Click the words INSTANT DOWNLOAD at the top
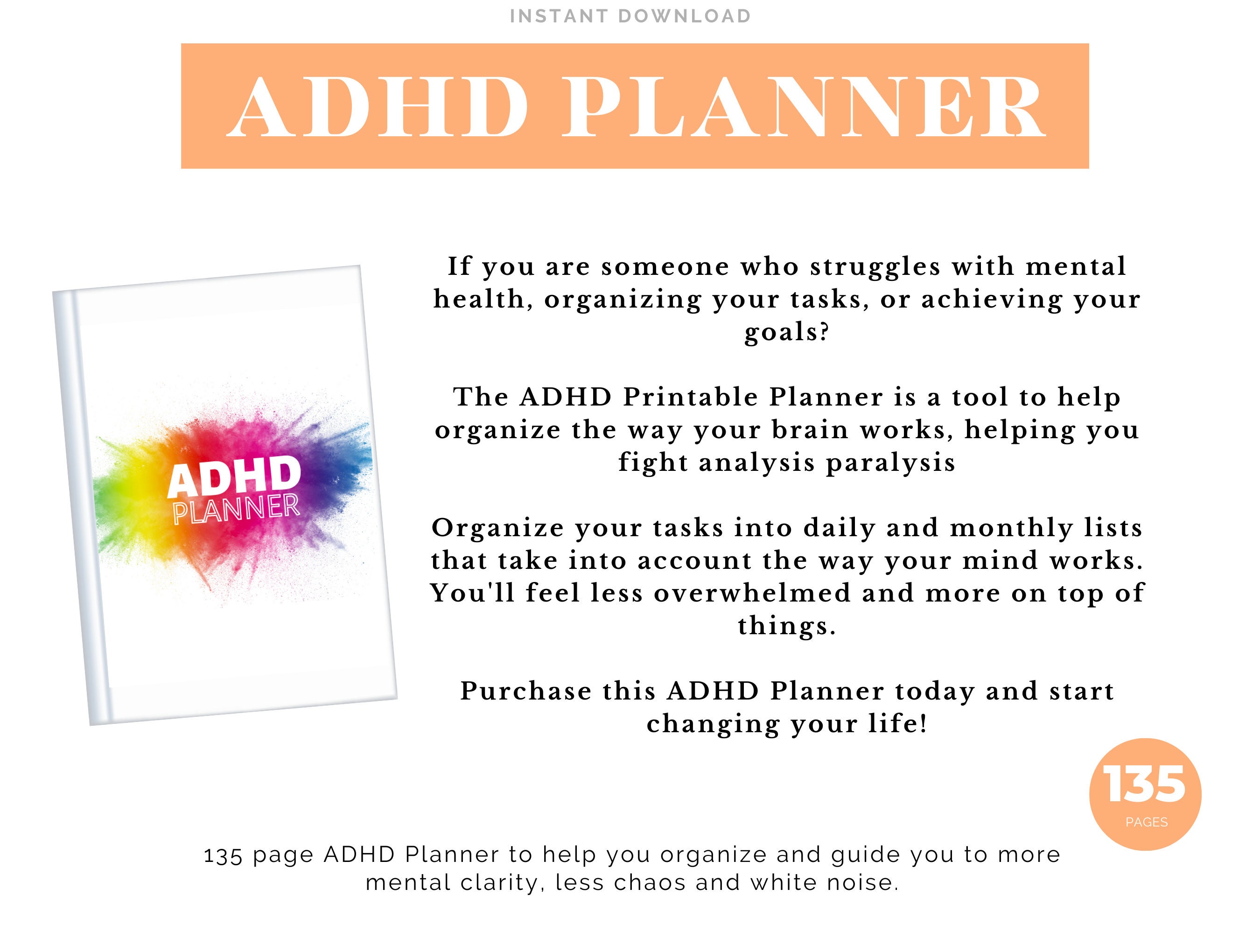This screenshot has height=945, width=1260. [x=630, y=16]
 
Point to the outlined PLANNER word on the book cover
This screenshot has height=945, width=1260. [x=237, y=509]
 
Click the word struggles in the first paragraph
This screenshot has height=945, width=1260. [x=875, y=266]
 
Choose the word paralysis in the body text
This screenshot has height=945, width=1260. [x=890, y=462]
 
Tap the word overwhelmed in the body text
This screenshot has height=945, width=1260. [x=752, y=594]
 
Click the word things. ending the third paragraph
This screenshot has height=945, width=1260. [x=787, y=626]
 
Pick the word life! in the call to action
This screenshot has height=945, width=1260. [x=898, y=724]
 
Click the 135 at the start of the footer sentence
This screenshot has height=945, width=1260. [x=222, y=855]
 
